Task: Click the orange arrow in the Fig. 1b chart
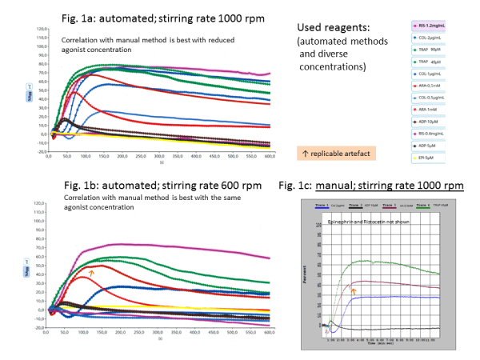pos(92,273)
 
